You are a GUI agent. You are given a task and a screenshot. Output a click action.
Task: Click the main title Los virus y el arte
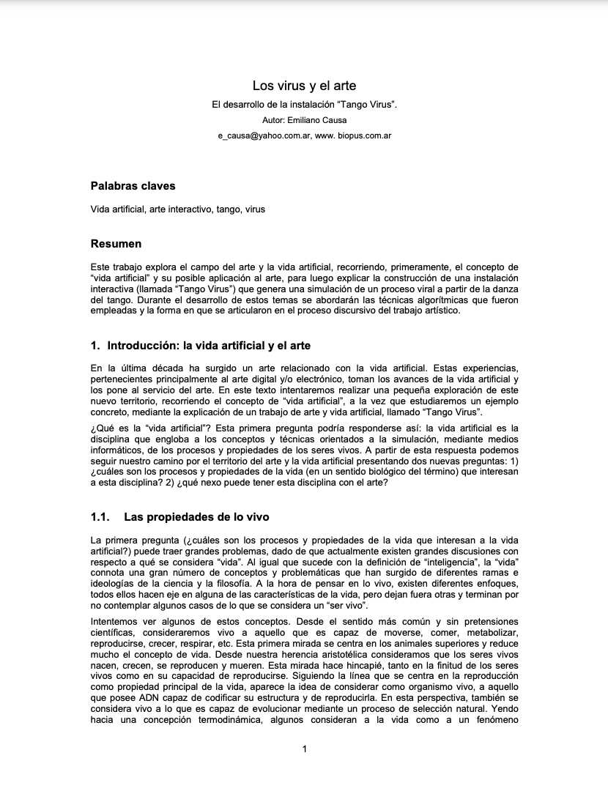pyautogui.click(x=304, y=86)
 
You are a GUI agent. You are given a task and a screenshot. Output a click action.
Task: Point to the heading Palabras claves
pyautogui.click(x=133, y=186)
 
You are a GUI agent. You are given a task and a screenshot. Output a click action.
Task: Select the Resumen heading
pyautogui.click(x=116, y=243)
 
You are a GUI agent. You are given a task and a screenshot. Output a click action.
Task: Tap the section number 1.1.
pyautogui.click(x=100, y=517)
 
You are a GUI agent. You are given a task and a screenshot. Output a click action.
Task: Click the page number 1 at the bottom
pyautogui.click(x=304, y=749)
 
